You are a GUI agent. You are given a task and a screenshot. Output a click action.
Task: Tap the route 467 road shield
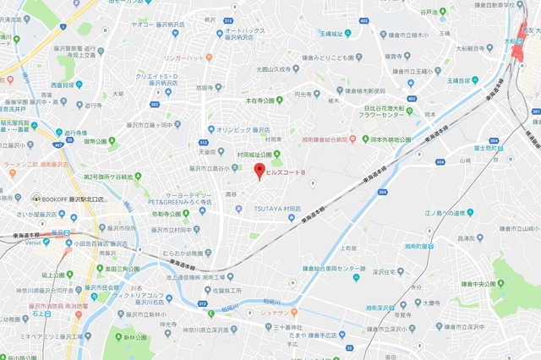coord(58,145)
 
